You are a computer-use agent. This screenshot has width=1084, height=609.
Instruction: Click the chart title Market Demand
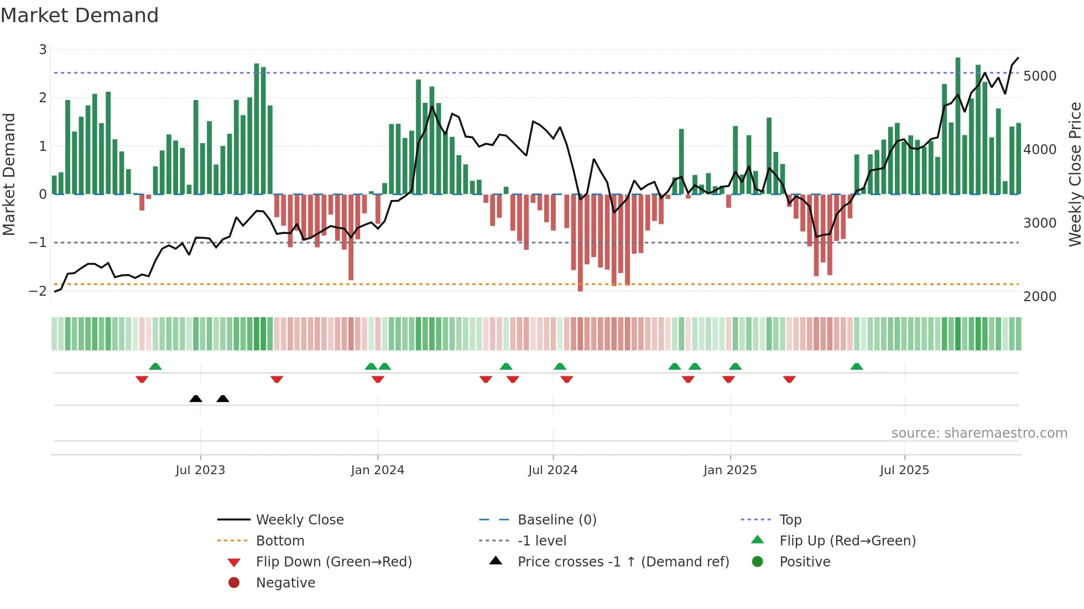[80, 15]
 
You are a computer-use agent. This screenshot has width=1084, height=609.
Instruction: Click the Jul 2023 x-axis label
[200, 470]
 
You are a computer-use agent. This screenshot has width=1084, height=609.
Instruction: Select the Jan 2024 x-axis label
[377, 470]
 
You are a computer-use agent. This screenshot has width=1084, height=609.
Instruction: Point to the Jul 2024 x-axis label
[553, 470]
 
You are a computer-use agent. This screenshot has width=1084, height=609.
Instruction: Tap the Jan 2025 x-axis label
[729, 470]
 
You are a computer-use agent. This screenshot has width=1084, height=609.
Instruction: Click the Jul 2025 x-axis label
[904, 470]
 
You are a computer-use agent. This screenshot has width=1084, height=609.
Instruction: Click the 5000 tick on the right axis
[1039, 76]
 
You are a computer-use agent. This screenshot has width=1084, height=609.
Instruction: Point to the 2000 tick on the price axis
[1039, 297]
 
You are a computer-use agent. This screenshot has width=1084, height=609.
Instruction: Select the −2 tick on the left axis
[38, 291]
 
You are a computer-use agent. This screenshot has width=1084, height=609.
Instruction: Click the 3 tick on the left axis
[43, 50]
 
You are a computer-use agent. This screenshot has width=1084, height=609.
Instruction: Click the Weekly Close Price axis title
[1075, 174]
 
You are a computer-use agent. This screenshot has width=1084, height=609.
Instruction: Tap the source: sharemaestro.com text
[979, 433]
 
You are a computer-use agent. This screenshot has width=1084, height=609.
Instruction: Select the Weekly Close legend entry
[299, 520]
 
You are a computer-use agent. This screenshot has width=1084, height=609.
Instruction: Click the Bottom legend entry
[280, 541]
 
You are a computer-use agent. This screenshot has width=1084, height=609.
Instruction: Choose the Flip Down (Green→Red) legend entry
[333, 562]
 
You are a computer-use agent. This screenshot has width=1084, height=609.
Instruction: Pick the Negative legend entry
[285, 583]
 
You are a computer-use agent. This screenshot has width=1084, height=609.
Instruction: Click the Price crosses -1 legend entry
[623, 562]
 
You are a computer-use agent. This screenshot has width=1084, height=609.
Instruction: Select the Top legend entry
[790, 520]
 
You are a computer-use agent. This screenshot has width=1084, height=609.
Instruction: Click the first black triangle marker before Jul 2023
[196, 398]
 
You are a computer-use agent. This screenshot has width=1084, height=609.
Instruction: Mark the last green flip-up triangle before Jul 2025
[856, 366]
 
